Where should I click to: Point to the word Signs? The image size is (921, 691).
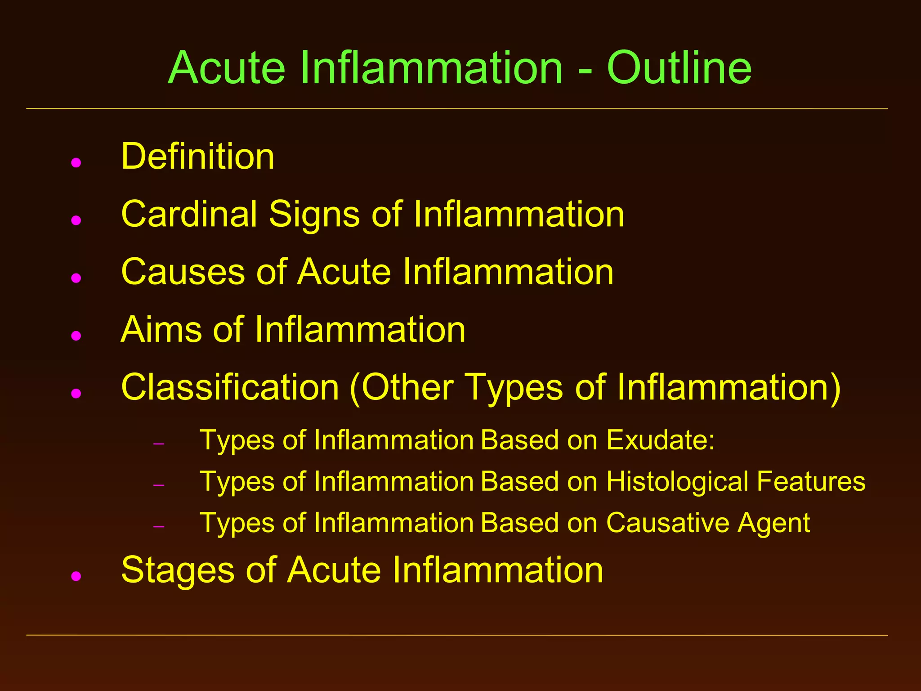(x=314, y=215)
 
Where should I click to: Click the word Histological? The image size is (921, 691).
(x=677, y=481)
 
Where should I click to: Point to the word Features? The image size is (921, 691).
(x=811, y=481)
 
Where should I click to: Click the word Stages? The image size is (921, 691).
(x=178, y=570)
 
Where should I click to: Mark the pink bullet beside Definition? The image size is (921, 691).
(x=76, y=162)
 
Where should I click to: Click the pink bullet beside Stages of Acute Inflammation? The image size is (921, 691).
(x=76, y=576)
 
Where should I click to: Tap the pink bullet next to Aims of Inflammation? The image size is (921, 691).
(x=76, y=336)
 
